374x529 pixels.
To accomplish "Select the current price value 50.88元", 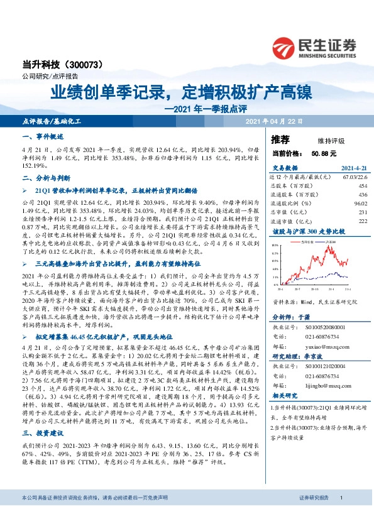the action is click(324, 153).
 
